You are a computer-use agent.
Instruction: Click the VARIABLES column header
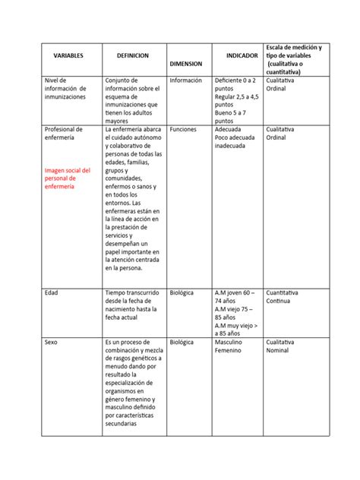click(68, 56)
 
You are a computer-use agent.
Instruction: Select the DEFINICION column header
click(133, 56)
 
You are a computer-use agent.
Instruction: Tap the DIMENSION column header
click(186, 65)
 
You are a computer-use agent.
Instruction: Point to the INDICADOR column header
click(242, 56)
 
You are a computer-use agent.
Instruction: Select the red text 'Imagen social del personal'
click(68, 178)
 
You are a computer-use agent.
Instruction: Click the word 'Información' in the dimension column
click(186, 80)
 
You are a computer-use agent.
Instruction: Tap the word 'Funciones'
click(184, 130)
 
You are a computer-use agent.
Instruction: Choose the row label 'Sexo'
click(52, 343)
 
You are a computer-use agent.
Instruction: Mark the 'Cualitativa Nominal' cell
click(283, 347)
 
